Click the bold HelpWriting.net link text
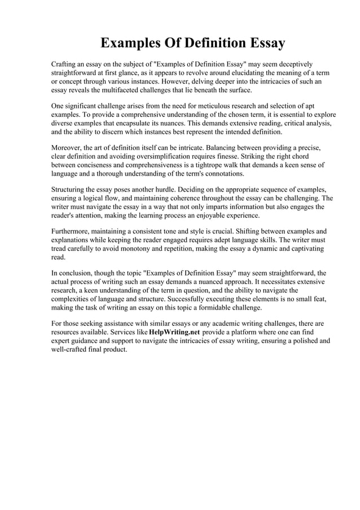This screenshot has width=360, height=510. click(174, 332)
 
